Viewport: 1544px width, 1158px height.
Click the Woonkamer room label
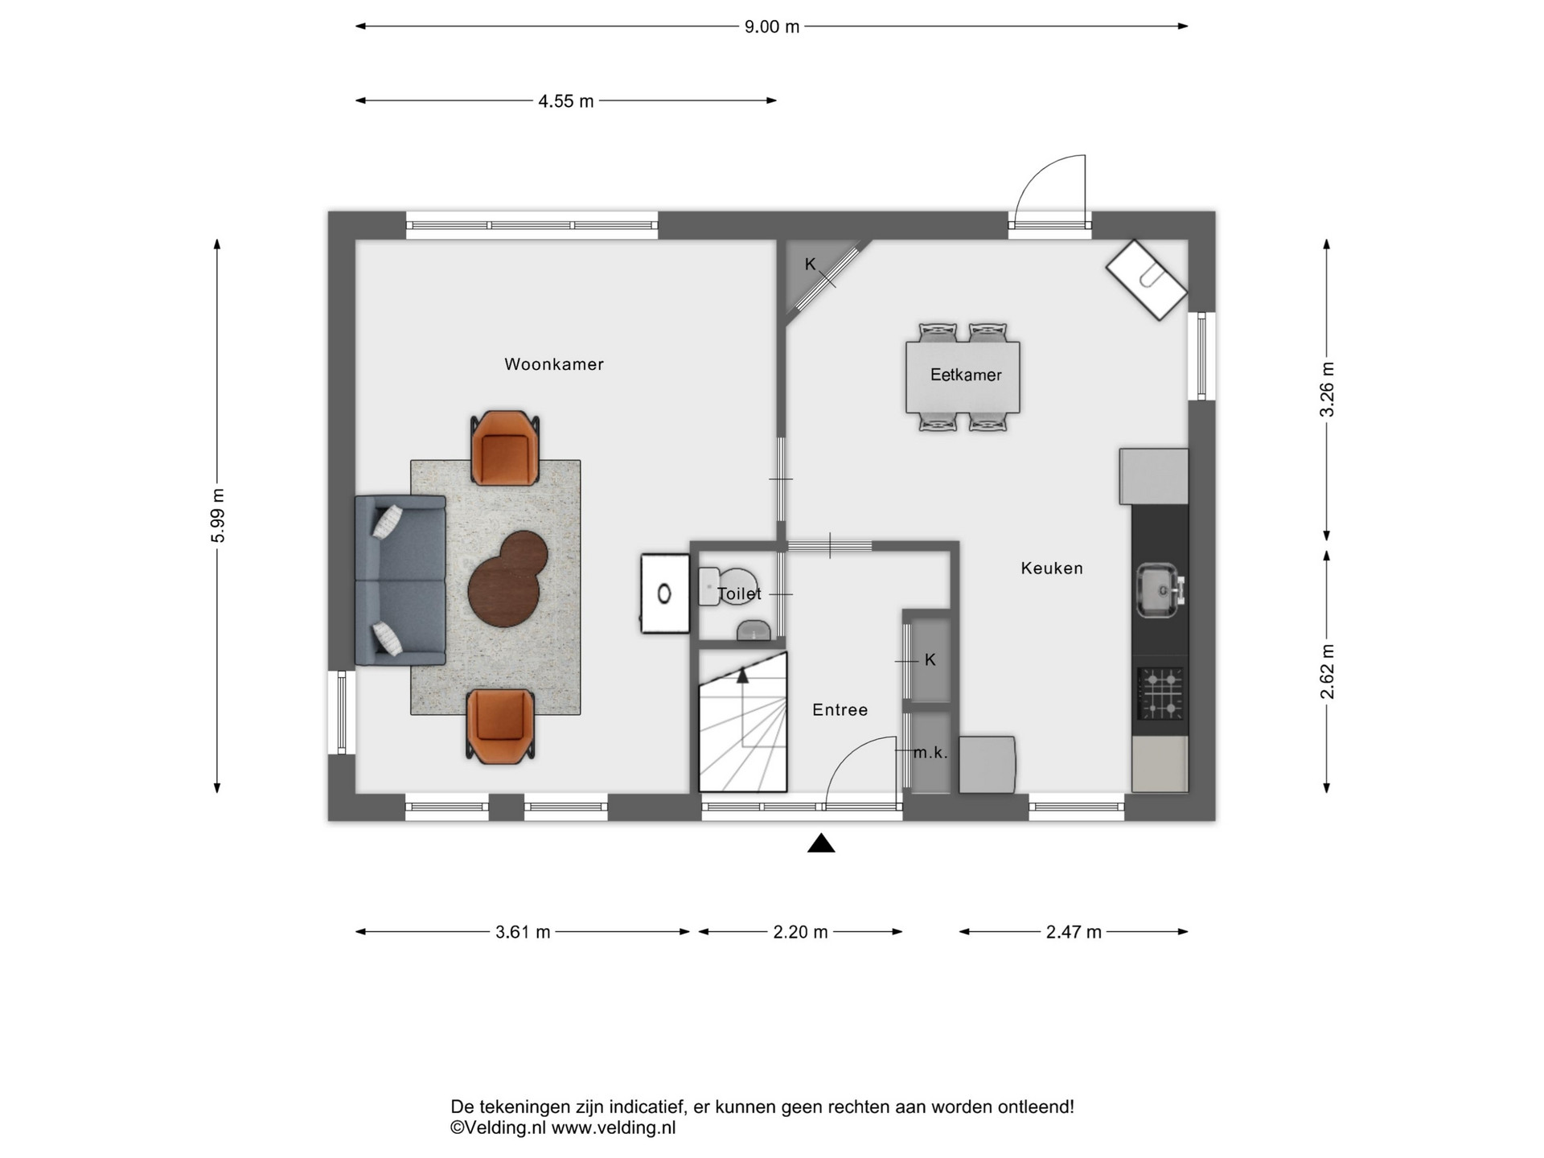(553, 364)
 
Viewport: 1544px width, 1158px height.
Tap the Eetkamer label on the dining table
(966, 375)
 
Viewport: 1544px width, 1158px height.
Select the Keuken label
(1052, 569)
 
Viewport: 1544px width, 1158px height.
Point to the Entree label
(840, 710)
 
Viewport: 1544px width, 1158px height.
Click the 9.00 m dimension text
(772, 27)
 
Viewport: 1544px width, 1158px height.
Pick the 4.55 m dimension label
(566, 101)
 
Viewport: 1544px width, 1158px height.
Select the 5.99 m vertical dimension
(218, 515)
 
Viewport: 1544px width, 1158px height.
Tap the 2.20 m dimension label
(800, 932)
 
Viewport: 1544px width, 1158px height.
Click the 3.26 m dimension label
(1328, 389)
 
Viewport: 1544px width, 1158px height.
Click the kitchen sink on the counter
(1159, 591)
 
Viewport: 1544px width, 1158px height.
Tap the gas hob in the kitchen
(1160, 693)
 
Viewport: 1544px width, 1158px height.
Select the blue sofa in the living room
(400, 581)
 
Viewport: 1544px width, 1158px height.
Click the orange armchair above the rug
(504, 449)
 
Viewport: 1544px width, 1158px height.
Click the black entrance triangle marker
(821, 844)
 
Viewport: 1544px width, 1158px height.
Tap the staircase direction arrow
(742, 675)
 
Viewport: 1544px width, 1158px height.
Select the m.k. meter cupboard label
(930, 754)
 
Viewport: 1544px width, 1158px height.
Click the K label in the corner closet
(811, 265)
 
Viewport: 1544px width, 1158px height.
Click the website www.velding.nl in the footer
(614, 1128)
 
